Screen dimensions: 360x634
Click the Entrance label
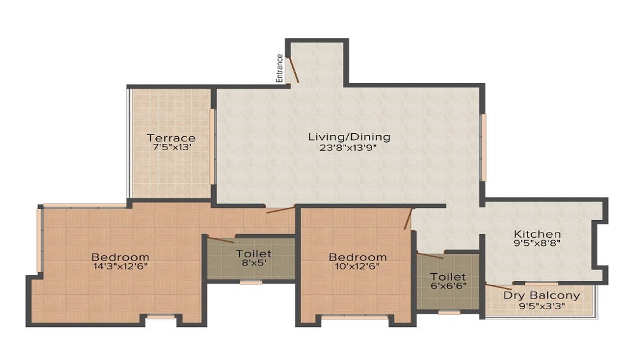click(x=279, y=68)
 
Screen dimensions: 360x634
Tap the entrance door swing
click(x=293, y=68)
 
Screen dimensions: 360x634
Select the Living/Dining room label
click(x=349, y=136)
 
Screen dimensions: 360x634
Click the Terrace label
click(x=171, y=138)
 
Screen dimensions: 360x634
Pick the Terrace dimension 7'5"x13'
click(x=171, y=148)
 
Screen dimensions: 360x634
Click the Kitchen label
click(x=537, y=234)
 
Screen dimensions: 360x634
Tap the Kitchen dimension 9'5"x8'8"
click(x=537, y=243)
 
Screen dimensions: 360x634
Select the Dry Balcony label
click(x=541, y=295)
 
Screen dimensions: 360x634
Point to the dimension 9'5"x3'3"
click(x=541, y=305)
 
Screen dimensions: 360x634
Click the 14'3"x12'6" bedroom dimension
click(x=120, y=267)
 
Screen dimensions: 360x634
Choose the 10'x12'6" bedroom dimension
click(x=358, y=267)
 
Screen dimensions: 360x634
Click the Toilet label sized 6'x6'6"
click(x=448, y=277)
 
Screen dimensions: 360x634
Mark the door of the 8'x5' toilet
click(x=221, y=240)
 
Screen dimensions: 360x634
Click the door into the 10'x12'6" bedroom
click(x=409, y=219)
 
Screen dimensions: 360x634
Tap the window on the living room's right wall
click(x=483, y=147)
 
